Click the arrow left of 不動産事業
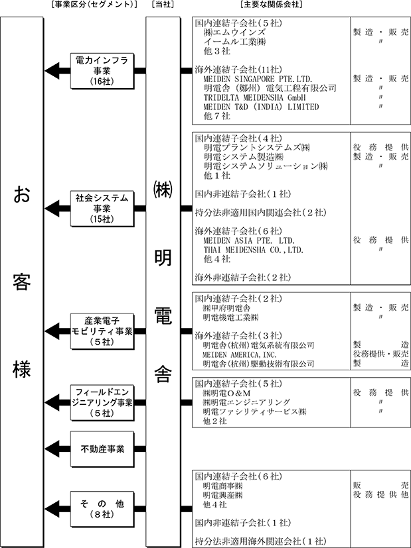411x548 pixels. [x=57, y=449]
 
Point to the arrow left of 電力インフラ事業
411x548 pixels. [x=57, y=70]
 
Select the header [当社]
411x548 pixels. [x=163, y=5]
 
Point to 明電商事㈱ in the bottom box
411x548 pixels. [x=223, y=486]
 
